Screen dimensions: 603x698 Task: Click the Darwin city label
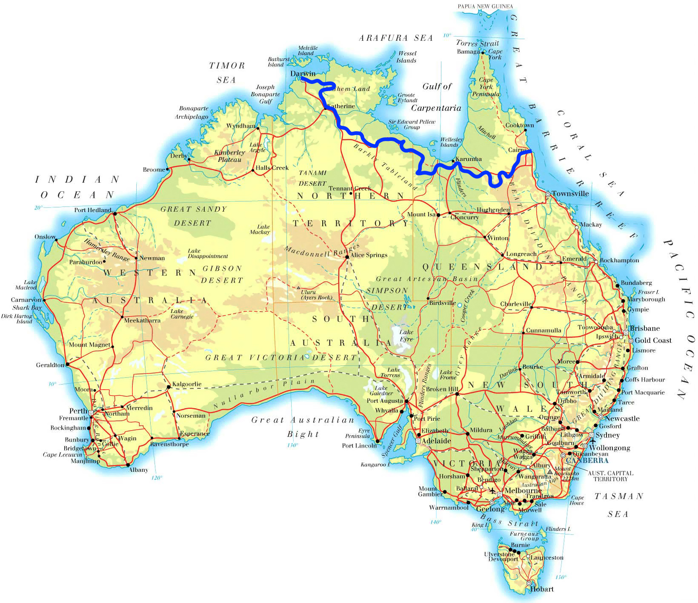(x=303, y=74)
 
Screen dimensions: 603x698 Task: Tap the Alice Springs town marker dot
(x=347, y=257)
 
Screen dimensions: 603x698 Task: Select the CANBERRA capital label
(x=587, y=460)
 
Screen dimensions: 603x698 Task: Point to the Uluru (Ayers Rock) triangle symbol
(x=298, y=288)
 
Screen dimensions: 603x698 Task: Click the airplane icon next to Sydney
(x=592, y=441)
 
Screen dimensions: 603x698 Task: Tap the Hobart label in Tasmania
(x=542, y=589)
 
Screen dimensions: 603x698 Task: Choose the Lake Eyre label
(x=406, y=336)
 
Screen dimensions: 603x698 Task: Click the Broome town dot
(x=167, y=169)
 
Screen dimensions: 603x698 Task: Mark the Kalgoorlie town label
(x=187, y=384)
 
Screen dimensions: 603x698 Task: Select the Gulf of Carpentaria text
(x=436, y=97)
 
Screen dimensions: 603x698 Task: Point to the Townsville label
(x=570, y=194)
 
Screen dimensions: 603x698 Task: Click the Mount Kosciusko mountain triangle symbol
(x=550, y=472)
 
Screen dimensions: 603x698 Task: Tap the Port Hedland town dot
(x=115, y=213)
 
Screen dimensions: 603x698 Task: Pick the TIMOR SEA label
(x=227, y=72)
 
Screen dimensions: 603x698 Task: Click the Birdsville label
(x=443, y=303)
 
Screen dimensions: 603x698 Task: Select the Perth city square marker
(x=91, y=412)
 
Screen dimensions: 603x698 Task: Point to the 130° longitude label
(x=292, y=445)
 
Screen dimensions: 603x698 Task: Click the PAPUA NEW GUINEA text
(x=485, y=6)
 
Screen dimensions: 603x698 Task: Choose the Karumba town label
(x=469, y=159)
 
